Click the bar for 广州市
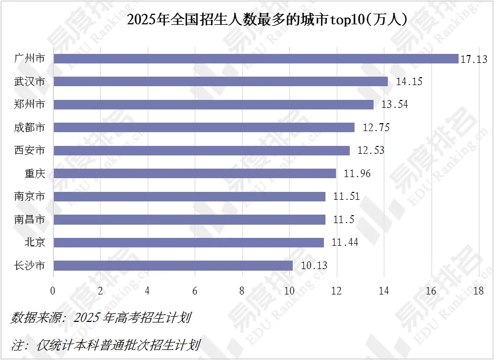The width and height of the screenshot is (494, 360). (x=256, y=59)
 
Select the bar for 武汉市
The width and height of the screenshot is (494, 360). (x=220, y=81)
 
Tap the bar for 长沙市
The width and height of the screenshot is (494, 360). (x=173, y=265)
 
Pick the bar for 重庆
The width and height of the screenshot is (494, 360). (x=194, y=173)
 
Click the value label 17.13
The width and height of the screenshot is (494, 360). (x=474, y=59)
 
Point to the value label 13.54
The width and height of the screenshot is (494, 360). (x=394, y=104)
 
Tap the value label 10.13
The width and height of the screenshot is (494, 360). (x=314, y=265)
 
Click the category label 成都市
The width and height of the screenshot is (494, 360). (x=30, y=127)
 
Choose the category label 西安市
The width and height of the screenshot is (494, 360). (x=30, y=150)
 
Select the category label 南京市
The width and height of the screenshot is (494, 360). (x=30, y=197)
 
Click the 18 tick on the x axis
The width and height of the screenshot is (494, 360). (x=479, y=291)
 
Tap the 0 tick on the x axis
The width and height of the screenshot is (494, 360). (x=53, y=291)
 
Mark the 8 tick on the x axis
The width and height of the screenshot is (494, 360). (x=242, y=291)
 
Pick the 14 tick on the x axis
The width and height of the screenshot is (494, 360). (x=384, y=291)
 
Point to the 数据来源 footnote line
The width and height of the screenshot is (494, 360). (x=101, y=318)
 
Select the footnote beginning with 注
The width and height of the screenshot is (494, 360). (x=106, y=346)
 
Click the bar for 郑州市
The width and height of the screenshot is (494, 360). (x=213, y=104)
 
